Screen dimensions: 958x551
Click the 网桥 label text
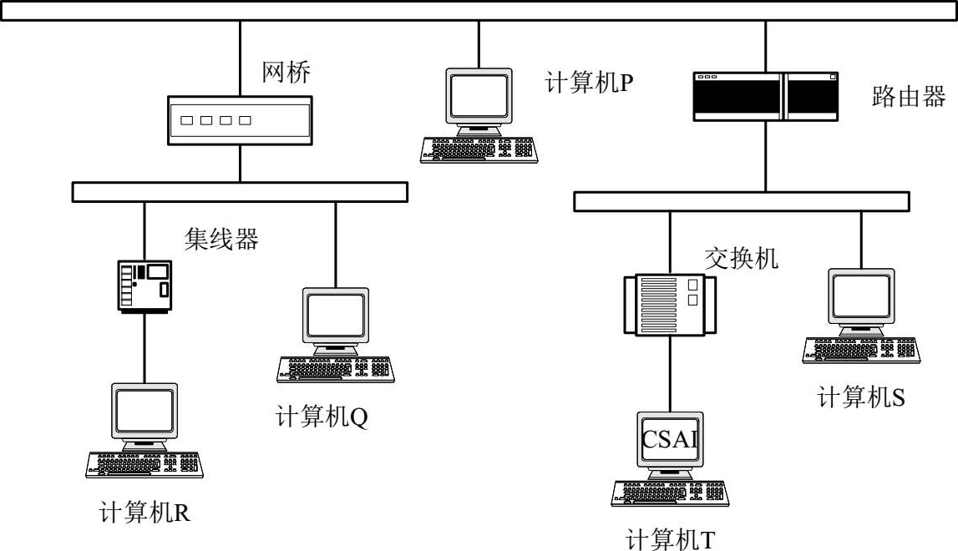[286, 72]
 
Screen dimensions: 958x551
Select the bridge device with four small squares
[240, 120]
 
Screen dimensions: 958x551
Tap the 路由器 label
[909, 97]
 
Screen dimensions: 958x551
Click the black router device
[766, 97]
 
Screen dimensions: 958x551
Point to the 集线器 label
[221, 238]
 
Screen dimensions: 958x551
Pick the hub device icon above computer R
[144, 286]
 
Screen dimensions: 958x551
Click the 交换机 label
[741, 258]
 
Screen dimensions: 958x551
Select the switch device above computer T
[670, 304]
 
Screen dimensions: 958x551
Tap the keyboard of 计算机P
[479, 150]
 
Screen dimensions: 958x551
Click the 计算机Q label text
[322, 417]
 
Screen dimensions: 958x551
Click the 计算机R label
[144, 512]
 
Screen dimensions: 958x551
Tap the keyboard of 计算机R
[144, 465]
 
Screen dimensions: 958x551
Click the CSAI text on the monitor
[670, 438]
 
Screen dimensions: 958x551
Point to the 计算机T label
[670, 539]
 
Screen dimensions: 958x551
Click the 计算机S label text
[861, 397]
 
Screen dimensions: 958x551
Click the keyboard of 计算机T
[670, 493]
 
